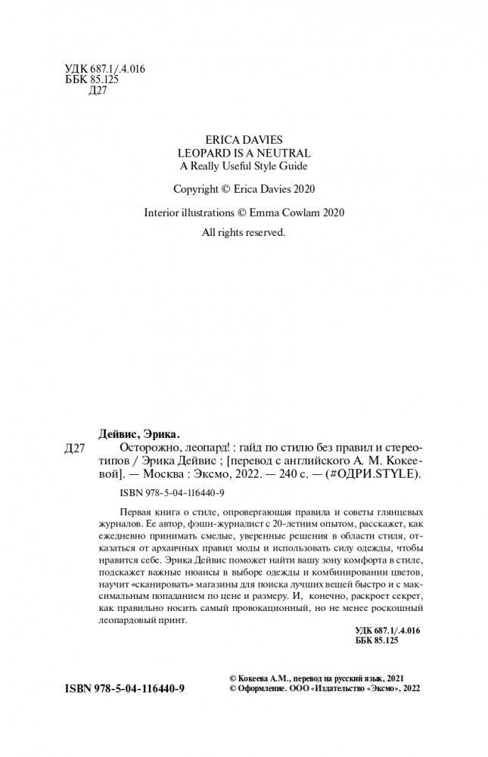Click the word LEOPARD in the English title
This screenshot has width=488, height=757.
pyautogui.click(x=200, y=153)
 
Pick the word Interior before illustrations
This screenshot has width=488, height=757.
pyautogui.click(x=162, y=213)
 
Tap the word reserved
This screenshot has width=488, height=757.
pyautogui.click(x=262, y=234)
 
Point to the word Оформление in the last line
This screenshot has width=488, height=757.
pyautogui.click(x=260, y=689)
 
